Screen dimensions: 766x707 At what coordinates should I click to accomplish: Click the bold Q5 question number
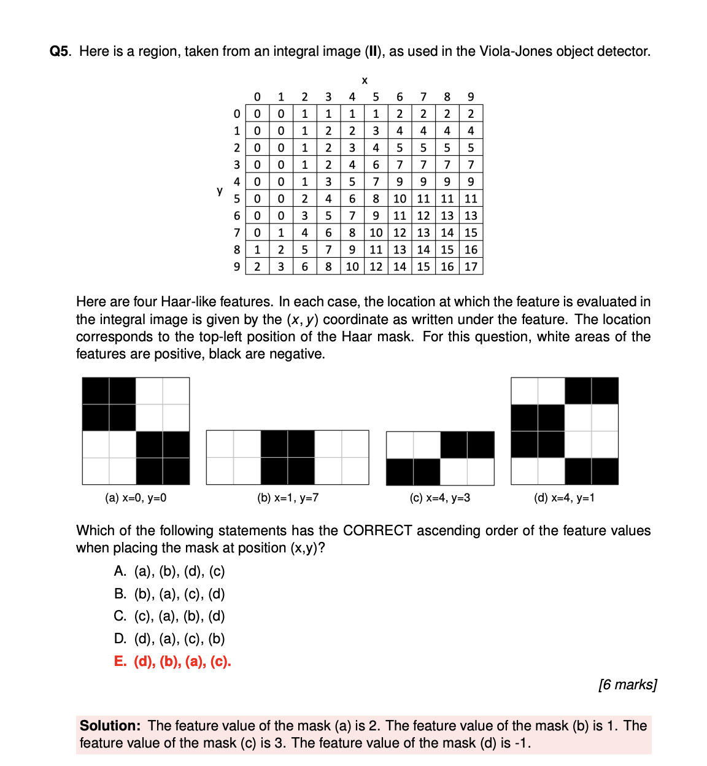point(60,52)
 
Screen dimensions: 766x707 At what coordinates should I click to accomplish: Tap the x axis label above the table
point(365,80)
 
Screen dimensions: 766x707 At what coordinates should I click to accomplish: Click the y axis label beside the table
point(220,190)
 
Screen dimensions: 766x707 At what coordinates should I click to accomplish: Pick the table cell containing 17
point(471,266)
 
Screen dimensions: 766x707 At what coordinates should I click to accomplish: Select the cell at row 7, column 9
point(471,233)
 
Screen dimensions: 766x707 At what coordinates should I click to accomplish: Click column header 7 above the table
point(423,96)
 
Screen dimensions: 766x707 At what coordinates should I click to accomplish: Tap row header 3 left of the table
point(237,164)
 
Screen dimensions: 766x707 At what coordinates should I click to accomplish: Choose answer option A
point(169,571)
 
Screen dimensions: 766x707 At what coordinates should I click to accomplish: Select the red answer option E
point(172,661)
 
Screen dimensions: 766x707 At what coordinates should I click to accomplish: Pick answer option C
point(169,616)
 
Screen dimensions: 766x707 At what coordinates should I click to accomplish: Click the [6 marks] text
point(627,684)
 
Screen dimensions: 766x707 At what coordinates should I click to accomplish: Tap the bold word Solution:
point(110,725)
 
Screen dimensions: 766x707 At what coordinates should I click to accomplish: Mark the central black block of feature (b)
point(288,457)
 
